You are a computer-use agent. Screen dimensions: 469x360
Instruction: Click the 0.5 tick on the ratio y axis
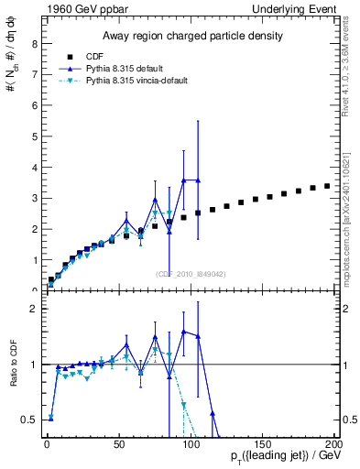click(x=31, y=420)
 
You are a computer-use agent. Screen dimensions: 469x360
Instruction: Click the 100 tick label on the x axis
click(x=191, y=443)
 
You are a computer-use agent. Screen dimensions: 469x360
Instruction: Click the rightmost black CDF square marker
click(x=327, y=186)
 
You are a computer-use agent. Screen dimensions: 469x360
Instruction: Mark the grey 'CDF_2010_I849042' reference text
click(x=191, y=274)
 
